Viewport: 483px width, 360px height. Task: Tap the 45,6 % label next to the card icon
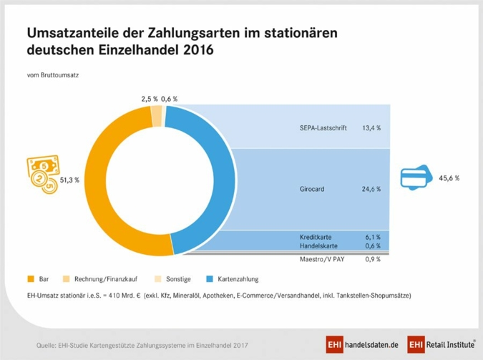[x=449, y=177]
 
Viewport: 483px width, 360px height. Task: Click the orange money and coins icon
[x=42, y=175]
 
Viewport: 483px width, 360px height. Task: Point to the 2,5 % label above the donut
[x=149, y=98]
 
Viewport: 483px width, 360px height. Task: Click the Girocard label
[x=313, y=189]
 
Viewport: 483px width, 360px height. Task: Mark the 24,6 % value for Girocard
[x=371, y=189]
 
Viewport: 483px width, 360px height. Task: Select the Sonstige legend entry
[x=179, y=278]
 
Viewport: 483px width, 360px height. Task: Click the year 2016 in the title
[x=197, y=51]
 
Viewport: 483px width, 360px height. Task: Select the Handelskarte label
[x=318, y=245]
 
